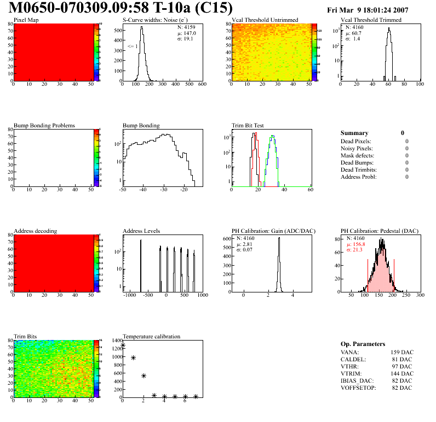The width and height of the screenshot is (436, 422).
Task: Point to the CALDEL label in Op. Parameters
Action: (x=352, y=360)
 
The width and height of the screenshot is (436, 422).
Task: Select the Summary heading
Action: (x=354, y=133)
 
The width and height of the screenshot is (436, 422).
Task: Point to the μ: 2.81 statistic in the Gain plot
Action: (x=246, y=244)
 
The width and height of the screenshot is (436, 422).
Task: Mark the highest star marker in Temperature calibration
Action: (x=123, y=345)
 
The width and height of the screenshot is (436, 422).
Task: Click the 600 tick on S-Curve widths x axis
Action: (x=202, y=84)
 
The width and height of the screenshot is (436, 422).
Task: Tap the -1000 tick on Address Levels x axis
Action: (x=130, y=295)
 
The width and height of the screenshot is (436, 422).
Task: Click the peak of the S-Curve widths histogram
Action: (x=141, y=27)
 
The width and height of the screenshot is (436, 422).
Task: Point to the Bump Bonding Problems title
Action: (x=44, y=126)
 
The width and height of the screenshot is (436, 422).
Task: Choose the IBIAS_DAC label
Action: (x=355, y=380)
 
